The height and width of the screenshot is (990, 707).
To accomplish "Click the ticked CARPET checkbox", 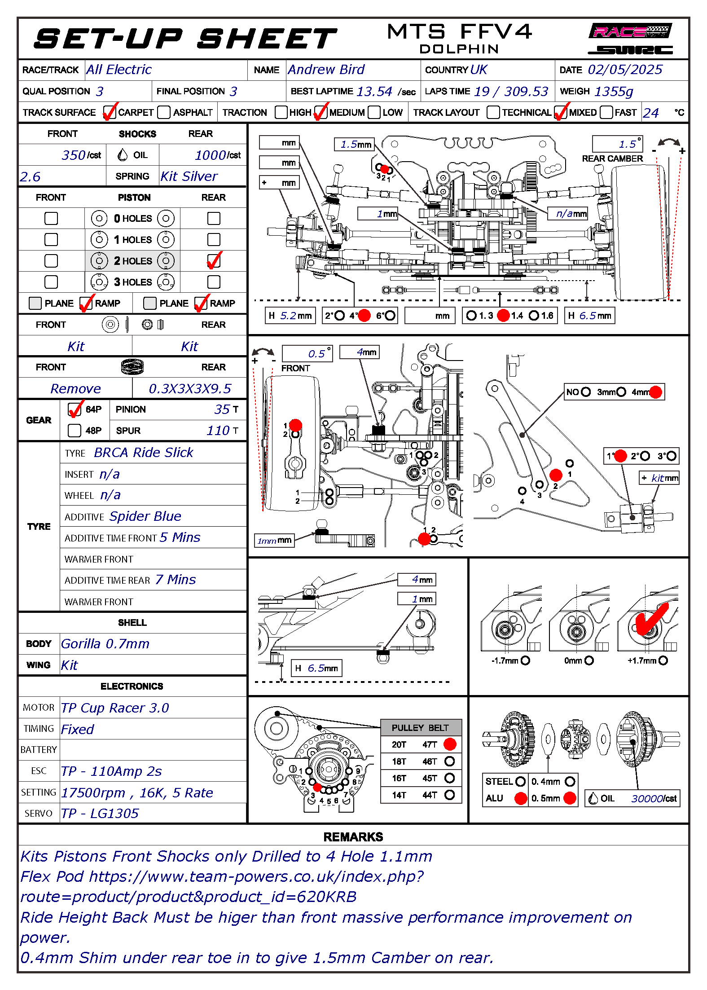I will pyautogui.click(x=110, y=112).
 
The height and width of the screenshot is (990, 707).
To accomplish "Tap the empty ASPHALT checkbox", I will pyautogui.click(x=164, y=112).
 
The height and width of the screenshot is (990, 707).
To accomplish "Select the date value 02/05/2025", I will pyautogui.click(x=625, y=70).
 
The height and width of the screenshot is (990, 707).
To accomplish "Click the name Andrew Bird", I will pyautogui.click(x=326, y=70).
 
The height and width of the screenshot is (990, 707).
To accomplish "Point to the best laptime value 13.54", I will pyautogui.click(x=374, y=92).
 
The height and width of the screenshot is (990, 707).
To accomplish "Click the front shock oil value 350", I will pyautogui.click(x=74, y=155).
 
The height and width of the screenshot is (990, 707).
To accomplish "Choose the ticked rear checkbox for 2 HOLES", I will pyautogui.click(x=214, y=261).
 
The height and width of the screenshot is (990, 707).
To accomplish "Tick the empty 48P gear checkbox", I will pyautogui.click(x=75, y=431).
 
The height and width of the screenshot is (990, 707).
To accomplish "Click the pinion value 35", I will pyautogui.click(x=222, y=409).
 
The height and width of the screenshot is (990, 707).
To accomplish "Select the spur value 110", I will pyautogui.click(x=218, y=431).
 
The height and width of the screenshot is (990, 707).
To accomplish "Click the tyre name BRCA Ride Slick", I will pyautogui.click(x=144, y=453).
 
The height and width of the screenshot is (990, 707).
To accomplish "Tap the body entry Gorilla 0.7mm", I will pyautogui.click(x=105, y=644).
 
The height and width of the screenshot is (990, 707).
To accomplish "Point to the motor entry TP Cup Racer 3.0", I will pyautogui.click(x=115, y=708).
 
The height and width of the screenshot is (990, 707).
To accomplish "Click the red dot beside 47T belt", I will pyautogui.click(x=450, y=744).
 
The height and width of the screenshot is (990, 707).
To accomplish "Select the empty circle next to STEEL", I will pyautogui.click(x=521, y=782).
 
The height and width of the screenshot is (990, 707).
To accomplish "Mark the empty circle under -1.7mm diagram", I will pyautogui.click(x=526, y=660).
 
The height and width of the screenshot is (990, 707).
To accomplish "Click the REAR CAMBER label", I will pyautogui.click(x=612, y=158).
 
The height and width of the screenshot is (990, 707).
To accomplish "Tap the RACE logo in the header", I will pyautogui.click(x=630, y=31).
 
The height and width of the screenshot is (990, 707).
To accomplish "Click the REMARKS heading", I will pyautogui.click(x=353, y=837).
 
